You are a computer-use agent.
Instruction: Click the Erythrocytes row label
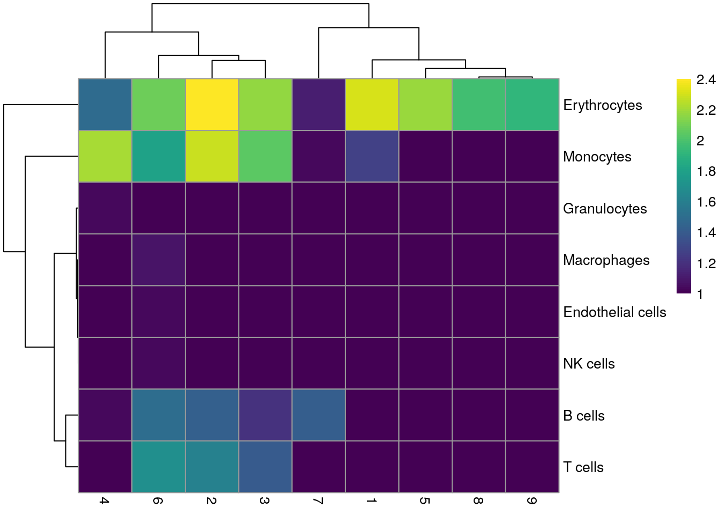pyautogui.click(x=602, y=105)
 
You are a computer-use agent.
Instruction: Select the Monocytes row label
pyautogui.click(x=597, y=157)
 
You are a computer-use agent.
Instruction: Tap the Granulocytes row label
pyautogui.click(x=605, y=209)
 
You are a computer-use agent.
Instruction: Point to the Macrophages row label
pyautogui.click(x=606, y=260)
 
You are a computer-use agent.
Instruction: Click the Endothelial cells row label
pyautogui.click(x=614, y=312)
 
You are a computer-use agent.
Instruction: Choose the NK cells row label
pyautogui.click(x=589, y=364)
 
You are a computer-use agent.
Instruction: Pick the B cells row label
pyautogui.click(x=583, y=416)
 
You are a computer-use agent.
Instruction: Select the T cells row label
pyautogui.click(x=583, y=467)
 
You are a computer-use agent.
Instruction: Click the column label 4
pyautogui.click(x=104, y=501)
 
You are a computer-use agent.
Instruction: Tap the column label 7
pyautogui.click(x=318, y=501)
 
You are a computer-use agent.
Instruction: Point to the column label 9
pyautogui.click(x=531, y=501)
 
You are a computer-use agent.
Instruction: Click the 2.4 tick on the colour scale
pyautogui.click(x=706, y=80)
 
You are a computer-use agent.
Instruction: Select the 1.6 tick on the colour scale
pyautogui.click(x=706, y=202)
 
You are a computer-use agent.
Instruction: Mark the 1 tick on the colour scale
pyautogui.click(x=700, y=294)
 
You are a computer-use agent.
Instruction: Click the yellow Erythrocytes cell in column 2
pyautogui.click(x=212, y=105)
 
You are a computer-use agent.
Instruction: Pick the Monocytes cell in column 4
pyautogui.click(x=105, y=157)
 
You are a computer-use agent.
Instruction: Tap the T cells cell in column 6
pyautogui.click(x=159, y=467)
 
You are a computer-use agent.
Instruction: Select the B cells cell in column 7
pyautogui.click(x=319, y=415)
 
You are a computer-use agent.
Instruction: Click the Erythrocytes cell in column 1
pyautogui.click(x=372, y=105)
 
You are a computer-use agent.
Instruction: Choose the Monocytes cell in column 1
pyautogui.click(x=372, y=157)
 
